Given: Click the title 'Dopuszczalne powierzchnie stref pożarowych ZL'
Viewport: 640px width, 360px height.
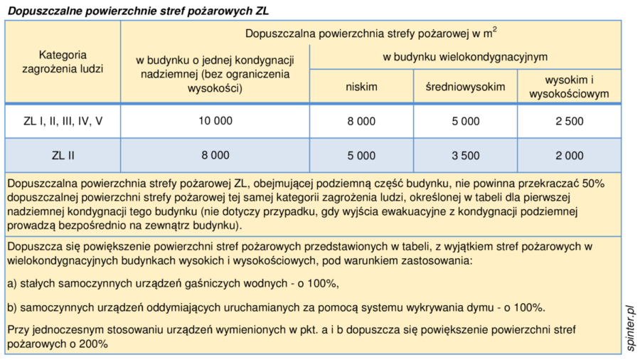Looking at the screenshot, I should click(x=138, y=11).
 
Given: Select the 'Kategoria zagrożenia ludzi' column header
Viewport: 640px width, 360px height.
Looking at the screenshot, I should click(x=63, y=61).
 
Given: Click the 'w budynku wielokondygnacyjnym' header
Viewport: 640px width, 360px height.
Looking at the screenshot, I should click(x=465, y=56).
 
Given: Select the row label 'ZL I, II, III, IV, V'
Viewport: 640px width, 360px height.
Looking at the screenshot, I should click(x=63, y=121).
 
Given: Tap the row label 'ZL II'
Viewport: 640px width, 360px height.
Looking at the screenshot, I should click(x=63, y=155).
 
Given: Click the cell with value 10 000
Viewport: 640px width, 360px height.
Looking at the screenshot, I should click(x=215, y=121).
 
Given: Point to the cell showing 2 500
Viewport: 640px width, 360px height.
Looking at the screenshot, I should click(x=570, y=121).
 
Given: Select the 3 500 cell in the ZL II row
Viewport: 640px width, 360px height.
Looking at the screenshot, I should click(x=465, y=155).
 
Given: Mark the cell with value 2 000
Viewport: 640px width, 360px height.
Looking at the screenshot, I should click(x=570, y=155).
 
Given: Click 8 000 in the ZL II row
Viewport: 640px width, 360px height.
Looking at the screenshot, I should click(x=215, y=155).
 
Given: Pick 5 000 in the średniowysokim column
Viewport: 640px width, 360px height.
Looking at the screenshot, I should click(x=465, y=121).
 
